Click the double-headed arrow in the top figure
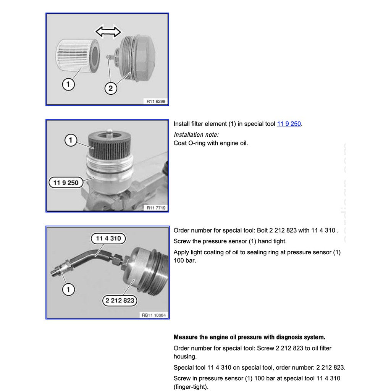pos(108,32)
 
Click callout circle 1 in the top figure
pos(68,84)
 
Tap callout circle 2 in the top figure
pos(110,89)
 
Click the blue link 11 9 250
pos(289,124)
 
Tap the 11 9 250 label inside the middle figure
pos(66,183)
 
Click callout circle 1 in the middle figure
pos(71,141)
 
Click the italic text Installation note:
pos(196,134)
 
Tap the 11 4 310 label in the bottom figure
pos(108,239)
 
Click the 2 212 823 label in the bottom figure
pos(120,301)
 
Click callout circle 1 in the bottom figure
pos(68,289)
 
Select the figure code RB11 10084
pos(153,315)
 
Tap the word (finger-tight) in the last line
pos(191,386)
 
